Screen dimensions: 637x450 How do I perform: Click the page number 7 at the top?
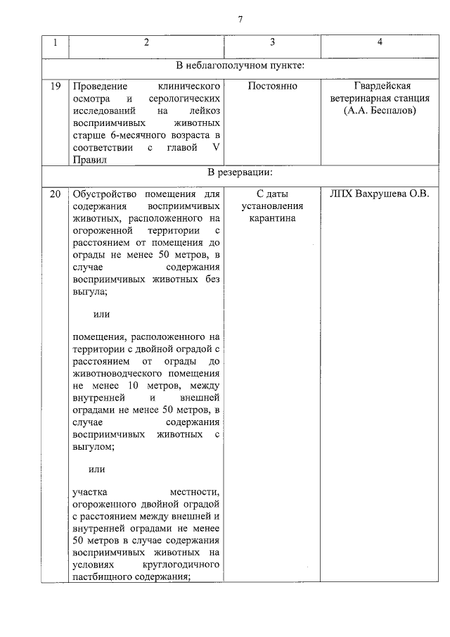pos(240,18)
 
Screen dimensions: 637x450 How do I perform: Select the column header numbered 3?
pos(272,43)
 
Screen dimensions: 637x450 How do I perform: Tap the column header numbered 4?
pos(380,43)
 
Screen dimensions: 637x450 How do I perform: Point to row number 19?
pos(56,87)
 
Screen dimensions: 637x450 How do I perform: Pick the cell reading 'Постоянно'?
pos(272,87)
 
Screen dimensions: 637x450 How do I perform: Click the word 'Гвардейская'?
pos(380,87)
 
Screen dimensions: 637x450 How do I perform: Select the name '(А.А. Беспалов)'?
pos(380,111)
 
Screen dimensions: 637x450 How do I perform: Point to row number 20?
pos(56,194)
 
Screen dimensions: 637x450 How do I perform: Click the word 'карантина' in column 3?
pos(272,219)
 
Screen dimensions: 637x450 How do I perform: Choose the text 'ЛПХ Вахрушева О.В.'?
pos(380,194)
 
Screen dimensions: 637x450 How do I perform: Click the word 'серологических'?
pos(186,99)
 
